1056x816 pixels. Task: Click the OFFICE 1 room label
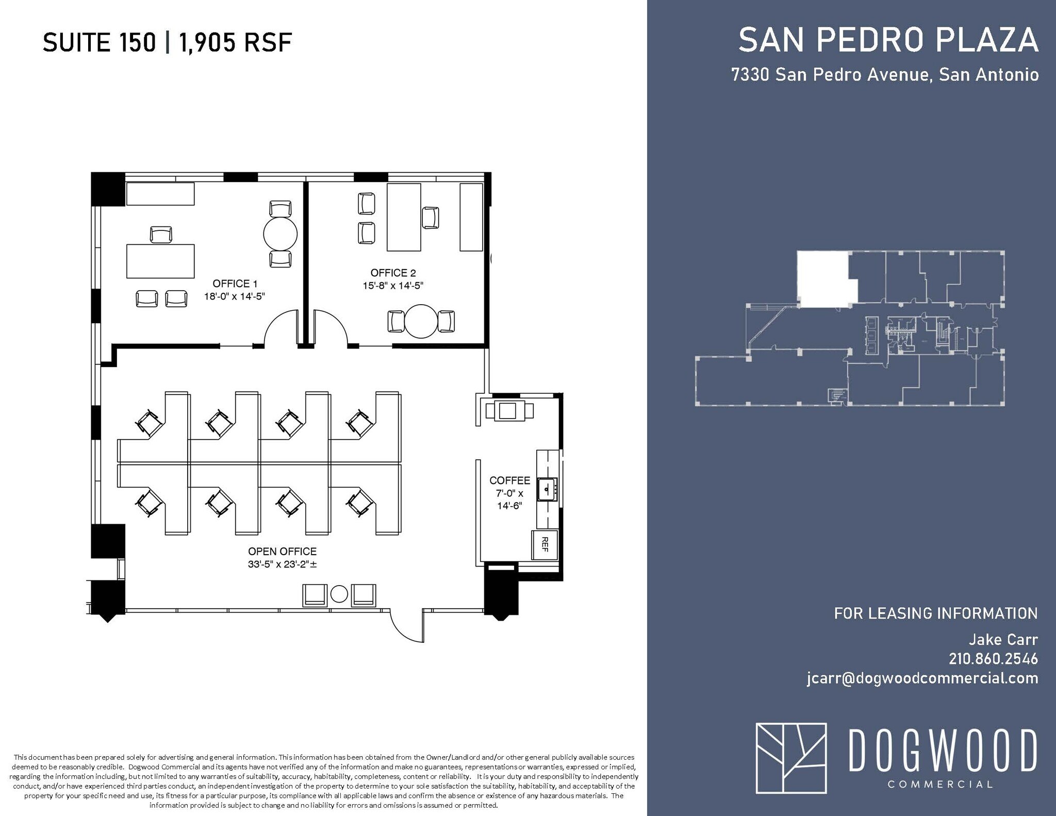click(x=235, y=284)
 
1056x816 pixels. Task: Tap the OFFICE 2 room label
click(x=393, y=273)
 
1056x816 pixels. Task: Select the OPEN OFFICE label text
click(x=282, y=552)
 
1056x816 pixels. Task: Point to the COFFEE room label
click(x=509, y=480)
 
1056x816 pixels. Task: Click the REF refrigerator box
click(x=544, y=544)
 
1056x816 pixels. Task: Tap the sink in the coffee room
click(x=547, y=489)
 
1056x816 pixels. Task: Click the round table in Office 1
click(x=280, y=234)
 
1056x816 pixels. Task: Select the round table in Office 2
click(x=421, y=321)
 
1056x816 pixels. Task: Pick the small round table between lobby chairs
click(x=339, y=594)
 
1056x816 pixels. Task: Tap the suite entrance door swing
click(x=407, y=627)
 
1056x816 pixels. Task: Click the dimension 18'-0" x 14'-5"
click(x=235, y=296)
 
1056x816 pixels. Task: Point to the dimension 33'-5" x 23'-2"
click(x=282, y=564)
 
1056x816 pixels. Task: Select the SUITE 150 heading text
click(x=99, y=42)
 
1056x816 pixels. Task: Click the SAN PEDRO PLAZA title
click(x=888, y=40)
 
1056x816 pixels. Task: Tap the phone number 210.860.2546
click(x=993, y=659)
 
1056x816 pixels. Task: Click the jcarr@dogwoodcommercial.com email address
click(x=922, y=678)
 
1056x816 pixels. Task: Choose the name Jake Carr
click(x=1002, y=640)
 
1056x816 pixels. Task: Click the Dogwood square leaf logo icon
click(x=790, y=758)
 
